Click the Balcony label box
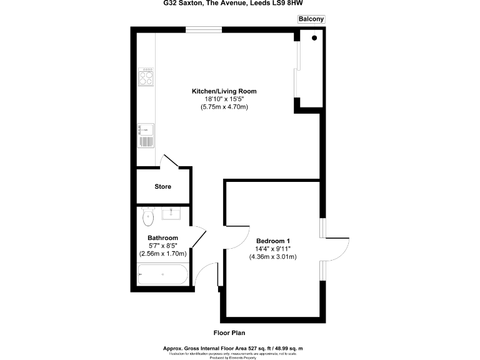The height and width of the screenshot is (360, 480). (x=311, y=19)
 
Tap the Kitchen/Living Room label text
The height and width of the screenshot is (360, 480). (x=224, y=91)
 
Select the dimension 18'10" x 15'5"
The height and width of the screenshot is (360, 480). (x=224, y=99)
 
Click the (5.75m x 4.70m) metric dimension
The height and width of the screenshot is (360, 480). (x=224, y=107)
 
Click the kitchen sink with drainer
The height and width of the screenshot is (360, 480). (x=146, y=136)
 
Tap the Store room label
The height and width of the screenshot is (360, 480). (x=162, y=186)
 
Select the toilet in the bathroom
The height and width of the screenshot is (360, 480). (x=148, y=216)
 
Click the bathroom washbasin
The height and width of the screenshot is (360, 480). (x=171, y=214)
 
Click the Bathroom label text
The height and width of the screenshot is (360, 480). (x=162, y=237)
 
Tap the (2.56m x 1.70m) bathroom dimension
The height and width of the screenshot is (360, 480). (x=162, y=254)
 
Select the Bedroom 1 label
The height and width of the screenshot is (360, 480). (x=273, y=241)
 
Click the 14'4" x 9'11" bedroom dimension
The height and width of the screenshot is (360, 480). (x=273, y=249)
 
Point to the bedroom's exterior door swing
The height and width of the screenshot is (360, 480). (x=338, y=251)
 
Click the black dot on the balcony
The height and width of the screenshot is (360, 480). (x=314, y=39)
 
